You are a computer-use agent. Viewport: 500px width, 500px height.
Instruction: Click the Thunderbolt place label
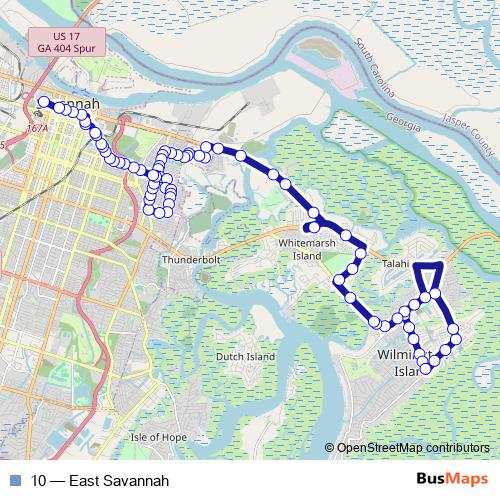[188, 259]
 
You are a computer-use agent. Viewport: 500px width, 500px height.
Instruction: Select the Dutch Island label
[246, 356]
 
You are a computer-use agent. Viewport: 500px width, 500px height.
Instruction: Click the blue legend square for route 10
[15, 480]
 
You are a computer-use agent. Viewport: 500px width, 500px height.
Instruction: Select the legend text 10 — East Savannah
[92, 480]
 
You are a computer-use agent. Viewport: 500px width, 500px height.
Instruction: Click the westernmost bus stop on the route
[43, 102]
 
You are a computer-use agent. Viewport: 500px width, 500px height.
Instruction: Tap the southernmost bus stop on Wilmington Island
[426, 369]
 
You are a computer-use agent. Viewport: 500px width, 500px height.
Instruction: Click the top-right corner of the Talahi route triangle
[441, 264]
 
